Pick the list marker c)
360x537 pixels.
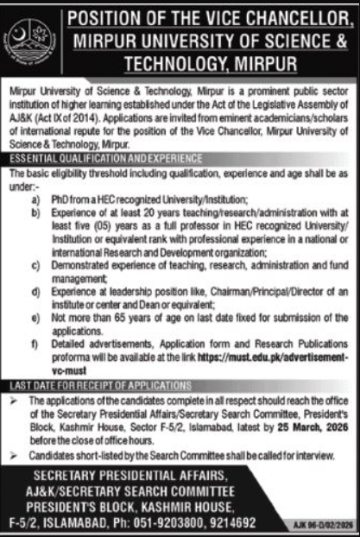pos(35,268)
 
